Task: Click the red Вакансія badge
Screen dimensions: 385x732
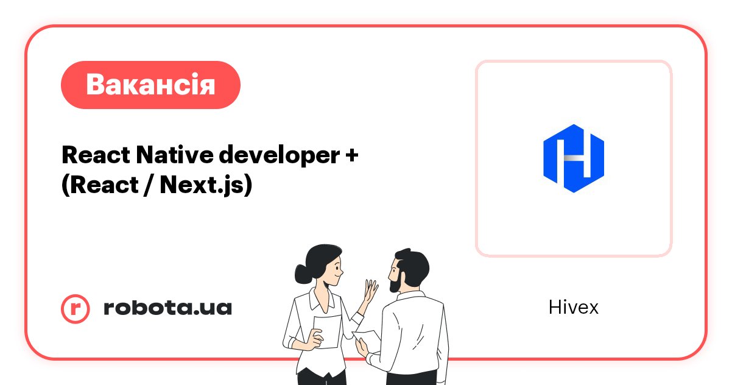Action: tap(150, 85)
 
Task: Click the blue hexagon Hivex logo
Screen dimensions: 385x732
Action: tap(574, 158)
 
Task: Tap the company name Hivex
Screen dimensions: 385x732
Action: tap(573, 308)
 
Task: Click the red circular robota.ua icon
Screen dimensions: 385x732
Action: tap(76, 308)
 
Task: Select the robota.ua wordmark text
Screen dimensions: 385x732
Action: tap(167, 308)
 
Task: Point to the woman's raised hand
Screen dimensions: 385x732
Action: tap(370, 291)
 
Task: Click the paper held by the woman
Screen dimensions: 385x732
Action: tap(327, 332)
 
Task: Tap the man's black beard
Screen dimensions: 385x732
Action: tap(394, 282)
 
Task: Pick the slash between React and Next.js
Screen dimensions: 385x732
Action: tap(148, 185)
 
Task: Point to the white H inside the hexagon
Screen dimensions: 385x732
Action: tap(574, 158)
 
